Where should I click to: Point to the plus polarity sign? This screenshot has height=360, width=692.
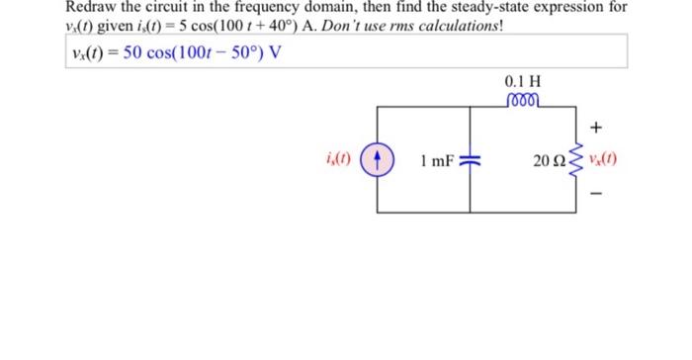click(x=596, y=129)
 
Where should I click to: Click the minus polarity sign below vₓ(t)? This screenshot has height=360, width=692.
click(x=596, y=194)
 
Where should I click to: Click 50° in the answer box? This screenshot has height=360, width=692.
click(x=245, y=51)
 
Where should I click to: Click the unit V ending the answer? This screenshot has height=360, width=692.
click(x=277, y=51)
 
